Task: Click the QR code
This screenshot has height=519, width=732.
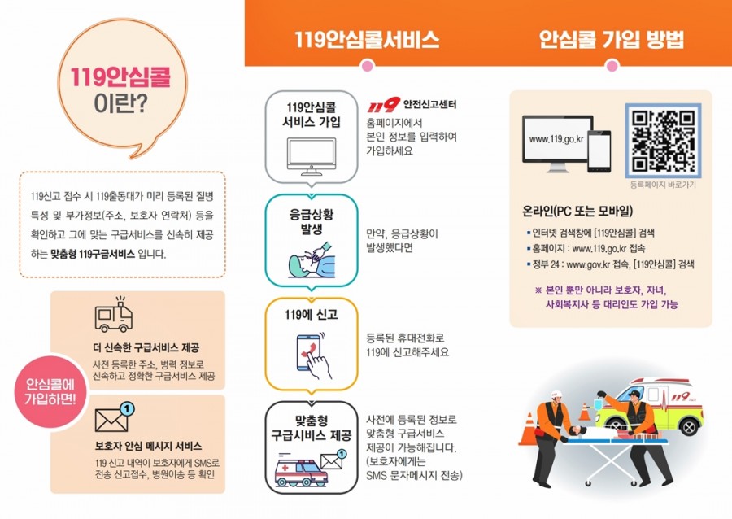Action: tap(663, 141)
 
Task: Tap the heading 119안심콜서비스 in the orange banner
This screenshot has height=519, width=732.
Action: tap(367, 39)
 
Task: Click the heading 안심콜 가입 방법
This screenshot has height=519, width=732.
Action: tap(612, 39)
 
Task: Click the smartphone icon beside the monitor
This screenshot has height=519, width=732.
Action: tap(599, 151)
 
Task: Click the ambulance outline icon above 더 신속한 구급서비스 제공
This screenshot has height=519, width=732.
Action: tap(113, 314)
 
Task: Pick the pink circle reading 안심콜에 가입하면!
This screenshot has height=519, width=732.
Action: tap(50, 391)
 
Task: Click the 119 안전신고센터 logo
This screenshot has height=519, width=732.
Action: tap(412, 105)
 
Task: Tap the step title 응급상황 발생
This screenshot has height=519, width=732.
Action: tap(312, 222)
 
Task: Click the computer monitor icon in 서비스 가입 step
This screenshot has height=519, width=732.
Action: tap(312, 156)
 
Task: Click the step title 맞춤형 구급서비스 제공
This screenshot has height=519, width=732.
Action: tap(312, 429)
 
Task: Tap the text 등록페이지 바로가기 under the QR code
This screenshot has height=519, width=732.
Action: tap(663, 185)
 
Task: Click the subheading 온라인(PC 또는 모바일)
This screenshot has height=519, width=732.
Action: tap(577, 212)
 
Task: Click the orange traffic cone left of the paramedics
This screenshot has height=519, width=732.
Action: tap(529, 429)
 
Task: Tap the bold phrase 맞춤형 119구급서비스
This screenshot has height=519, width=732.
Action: tap(93, 255)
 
